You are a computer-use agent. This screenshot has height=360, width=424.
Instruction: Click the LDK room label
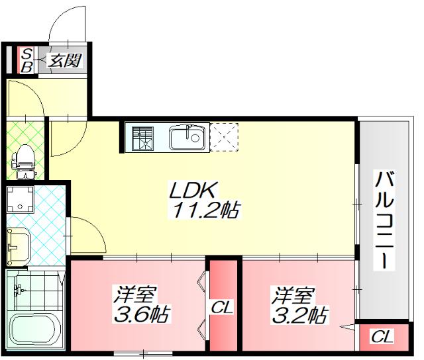point(191,191)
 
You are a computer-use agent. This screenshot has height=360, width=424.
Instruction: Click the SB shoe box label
point(27,60)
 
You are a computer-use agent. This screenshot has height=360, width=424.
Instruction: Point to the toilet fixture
point(25,159)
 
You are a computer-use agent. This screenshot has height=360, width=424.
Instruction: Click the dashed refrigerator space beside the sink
point(224,138)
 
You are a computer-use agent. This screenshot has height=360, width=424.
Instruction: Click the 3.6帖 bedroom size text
point(143,313)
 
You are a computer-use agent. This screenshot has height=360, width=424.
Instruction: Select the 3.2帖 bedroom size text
point(300,314)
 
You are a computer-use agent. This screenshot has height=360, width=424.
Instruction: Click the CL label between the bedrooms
point(222,307)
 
